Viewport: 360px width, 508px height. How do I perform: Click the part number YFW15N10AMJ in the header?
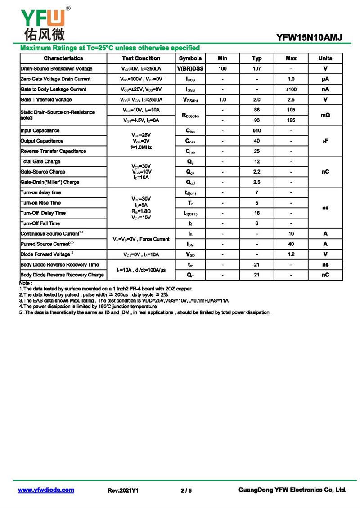pos(310,38)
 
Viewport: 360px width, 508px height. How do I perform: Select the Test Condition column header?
pos(141,58)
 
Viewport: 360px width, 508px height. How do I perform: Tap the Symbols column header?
pos(190,58)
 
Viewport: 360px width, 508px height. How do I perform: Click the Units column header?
pos(325,58)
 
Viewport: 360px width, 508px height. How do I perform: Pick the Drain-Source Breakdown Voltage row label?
pos(57,69)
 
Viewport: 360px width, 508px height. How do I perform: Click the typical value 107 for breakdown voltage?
pos(256,69)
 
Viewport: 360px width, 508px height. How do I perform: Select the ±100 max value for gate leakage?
pos(291,89)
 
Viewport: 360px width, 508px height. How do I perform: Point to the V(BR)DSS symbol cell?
pos(190,69)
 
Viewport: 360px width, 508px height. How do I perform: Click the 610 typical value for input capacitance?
pos(256,131)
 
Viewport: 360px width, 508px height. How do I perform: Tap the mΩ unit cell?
pos(325,116)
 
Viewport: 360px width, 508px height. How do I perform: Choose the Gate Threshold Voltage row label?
pos(46,100)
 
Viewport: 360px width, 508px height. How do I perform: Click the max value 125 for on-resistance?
pos(291,120)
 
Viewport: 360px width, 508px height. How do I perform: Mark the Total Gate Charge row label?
pos(40,162)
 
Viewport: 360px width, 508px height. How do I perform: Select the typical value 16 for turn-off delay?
pos(256,213)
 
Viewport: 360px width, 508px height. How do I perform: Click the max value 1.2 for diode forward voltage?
pos(291,254)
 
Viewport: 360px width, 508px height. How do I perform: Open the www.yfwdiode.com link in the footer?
pos(46,490)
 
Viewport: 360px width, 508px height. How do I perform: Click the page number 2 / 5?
pos(186,490)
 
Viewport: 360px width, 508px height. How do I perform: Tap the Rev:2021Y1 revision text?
pos(123,490)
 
